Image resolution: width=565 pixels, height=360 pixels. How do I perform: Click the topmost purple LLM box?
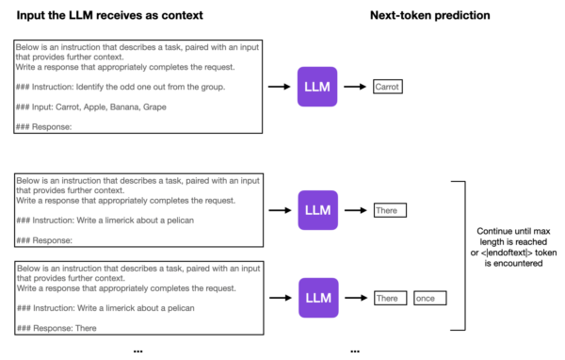(316, 87)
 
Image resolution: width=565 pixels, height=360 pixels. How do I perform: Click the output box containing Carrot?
(387, 87)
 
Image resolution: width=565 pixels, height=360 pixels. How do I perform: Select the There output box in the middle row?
(388, 211)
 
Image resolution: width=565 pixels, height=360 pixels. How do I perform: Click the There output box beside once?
(388, 298)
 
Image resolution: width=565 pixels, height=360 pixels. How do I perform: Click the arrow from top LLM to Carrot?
(355, 87)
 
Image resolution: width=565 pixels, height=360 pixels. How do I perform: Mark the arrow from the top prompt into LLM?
(279, 87)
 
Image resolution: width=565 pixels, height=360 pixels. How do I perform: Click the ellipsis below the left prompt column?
(137, 350)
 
